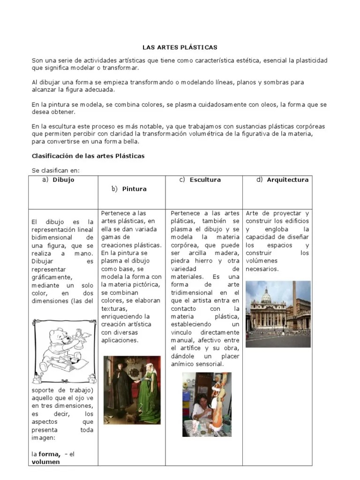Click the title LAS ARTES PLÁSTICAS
(x=180, y=47)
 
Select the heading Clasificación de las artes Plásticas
(x=88, y=156)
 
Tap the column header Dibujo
(x=63, y=180)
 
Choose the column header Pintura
(x=134, y=189)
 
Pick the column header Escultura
(x=205, y=180)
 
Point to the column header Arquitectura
(x=287, y=180)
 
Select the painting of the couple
(x=132, y=390)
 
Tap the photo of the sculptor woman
(x=206, y=404)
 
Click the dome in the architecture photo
(x=266, y=296)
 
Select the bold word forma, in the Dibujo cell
(x=50, y=454)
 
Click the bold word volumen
(x=45, y=462)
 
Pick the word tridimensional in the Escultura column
(x=193, y=292)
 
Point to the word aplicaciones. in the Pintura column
(x=120, y=340)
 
